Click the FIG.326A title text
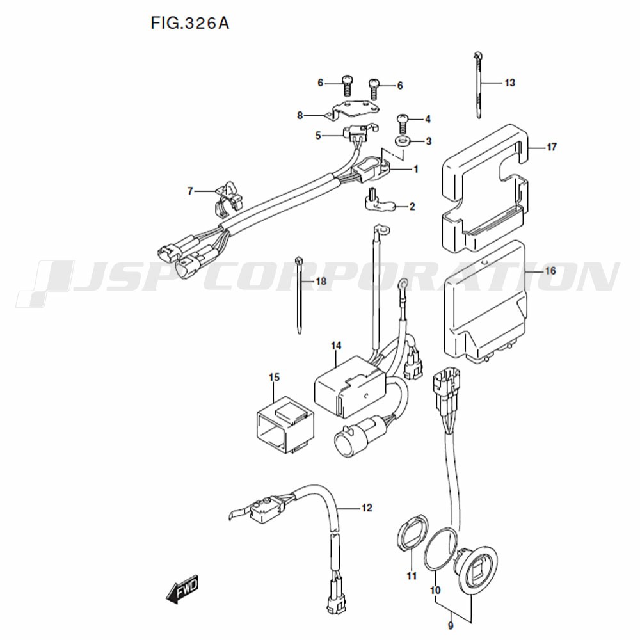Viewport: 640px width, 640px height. (x=190, y=23)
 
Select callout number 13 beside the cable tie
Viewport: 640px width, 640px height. (x=510, y=83)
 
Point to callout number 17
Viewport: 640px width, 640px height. (x=552, y=147)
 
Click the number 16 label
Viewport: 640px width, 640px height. (x=550, y=271)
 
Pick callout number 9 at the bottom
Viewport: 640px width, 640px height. (x=451, y=626)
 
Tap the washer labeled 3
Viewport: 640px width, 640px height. (x=403, y=141)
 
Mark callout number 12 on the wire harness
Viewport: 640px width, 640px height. (x=367, y=508)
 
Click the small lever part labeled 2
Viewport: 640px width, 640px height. (x=380, y=202)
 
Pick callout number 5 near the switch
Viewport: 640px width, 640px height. (x=318, y=136)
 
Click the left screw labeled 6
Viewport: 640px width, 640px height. (x=346, y=85)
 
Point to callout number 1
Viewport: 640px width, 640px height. (x=416, y=169)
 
